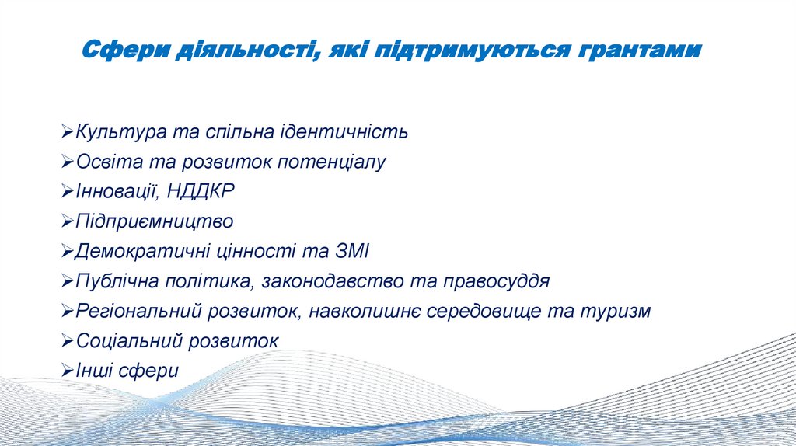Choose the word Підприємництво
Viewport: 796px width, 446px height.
pos(154,221)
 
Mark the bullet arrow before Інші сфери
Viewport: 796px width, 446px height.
pos(68,371)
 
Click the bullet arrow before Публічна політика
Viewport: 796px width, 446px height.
pos(68,281)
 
